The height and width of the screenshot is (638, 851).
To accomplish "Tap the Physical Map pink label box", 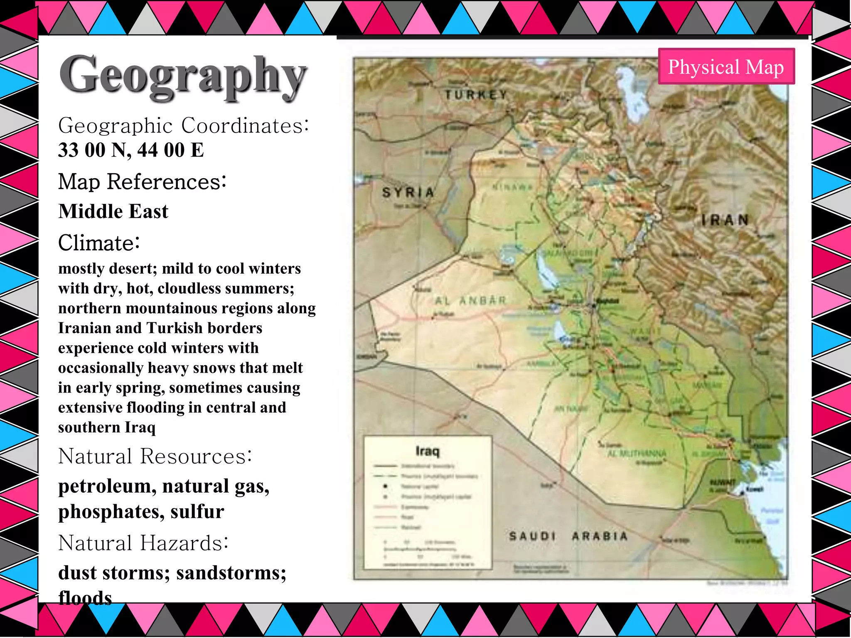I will pos(726,66).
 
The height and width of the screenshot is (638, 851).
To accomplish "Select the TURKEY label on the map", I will pos(476,95).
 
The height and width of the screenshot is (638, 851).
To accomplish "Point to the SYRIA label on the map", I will pos(408,192).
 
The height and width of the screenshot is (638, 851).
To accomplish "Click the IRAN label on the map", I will pos(725,220).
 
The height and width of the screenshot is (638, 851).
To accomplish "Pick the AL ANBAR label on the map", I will pos(471,300).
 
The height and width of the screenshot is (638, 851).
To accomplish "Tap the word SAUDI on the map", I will pos(532,536).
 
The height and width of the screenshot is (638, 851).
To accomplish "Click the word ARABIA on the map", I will pos(600,536).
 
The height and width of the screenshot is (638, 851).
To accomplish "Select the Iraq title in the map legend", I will pos(427,451).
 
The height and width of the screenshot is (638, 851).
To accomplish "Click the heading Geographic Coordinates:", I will pos(183,125).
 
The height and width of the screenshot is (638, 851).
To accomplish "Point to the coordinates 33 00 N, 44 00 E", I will pos(131,150).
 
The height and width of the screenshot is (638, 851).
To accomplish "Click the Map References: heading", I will pos(142,182).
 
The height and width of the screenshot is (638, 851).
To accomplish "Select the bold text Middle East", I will pos(113,211).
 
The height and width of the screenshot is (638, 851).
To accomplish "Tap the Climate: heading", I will pos(99,243).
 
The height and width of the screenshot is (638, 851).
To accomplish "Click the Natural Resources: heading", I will pos(155,456).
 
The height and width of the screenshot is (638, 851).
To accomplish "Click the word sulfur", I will pos(197,511).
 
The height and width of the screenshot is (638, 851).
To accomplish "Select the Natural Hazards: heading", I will pos(143,543).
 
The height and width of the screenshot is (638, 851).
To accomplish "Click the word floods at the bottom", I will pos(85,597).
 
